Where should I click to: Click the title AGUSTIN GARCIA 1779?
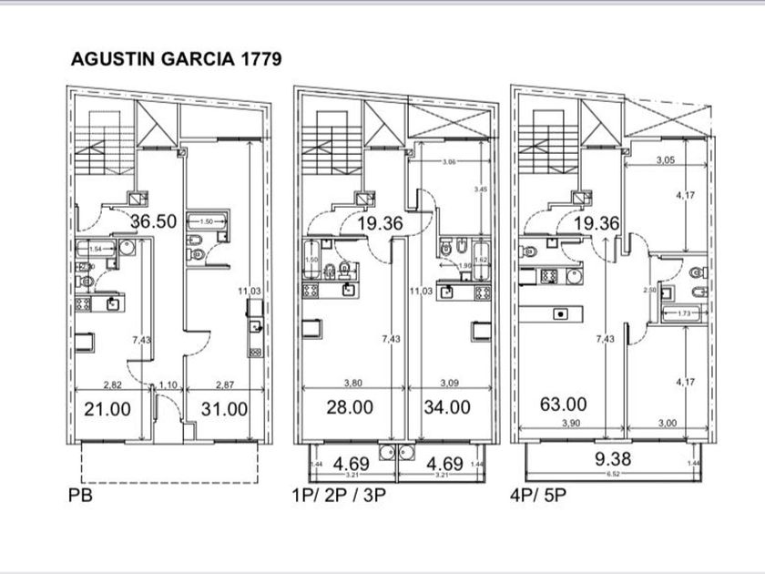click(176, 58)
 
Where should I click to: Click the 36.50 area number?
click(152, 221)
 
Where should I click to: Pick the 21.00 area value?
click(107, 409)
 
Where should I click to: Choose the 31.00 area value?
click(224, 409)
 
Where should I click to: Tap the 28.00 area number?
click(349, 407)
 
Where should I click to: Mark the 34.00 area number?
click(447, 407)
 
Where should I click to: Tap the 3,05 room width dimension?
click(666, 159)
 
